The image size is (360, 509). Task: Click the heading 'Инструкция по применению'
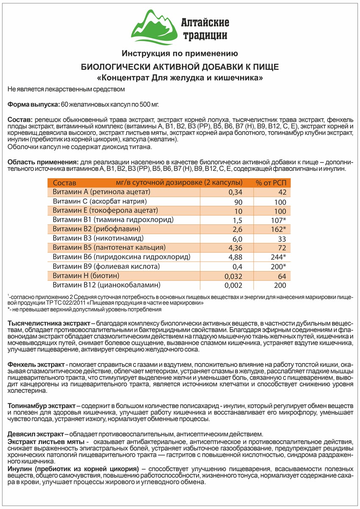click(179, 54)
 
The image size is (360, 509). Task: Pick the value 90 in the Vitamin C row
click(238, 202)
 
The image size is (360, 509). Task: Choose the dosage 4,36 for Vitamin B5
click(235, 248)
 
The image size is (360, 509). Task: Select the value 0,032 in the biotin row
click(234, 276)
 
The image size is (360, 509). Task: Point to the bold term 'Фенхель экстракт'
click(36, 365)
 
